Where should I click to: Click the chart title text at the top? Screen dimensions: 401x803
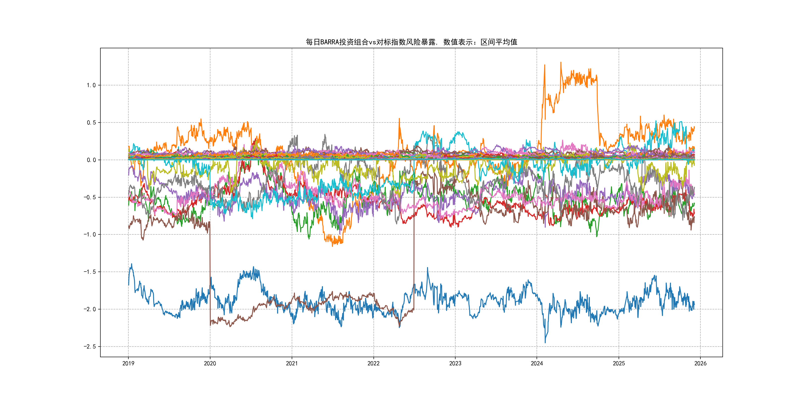pyautogui.click(x=411, y=42)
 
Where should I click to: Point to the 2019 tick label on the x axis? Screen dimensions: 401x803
pyautogui.click(x=128, y=363)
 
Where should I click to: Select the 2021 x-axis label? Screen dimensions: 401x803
pyautogui.click(x=292, y=363)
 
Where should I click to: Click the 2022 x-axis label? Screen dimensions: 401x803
pyautogui.click(x=373, y=363)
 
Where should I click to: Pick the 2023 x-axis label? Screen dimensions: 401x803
pyautogui.click(x=455, y=363)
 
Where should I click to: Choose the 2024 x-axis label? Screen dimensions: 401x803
pyautogui.click(x=537, y=363)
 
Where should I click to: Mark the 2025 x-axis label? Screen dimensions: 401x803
pyautogui.click(x=619, y=363)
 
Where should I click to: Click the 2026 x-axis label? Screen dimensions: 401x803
pyautogui.click(x=700, y=363)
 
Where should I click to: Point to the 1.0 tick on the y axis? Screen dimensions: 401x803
pyautogui.click(x=91, y=85)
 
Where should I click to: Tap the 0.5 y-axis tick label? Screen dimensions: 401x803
pyautogui.click(x=91, y=123)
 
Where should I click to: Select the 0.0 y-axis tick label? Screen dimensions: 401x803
pyautogui.click(x=91, y=160)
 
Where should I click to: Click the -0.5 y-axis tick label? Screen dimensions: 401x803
pyautogui.click(x=89, y=197)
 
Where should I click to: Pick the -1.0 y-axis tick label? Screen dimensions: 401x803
pyautogui.click(x=89, y=234)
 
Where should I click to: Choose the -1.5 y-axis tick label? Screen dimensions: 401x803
pyautogui.click(x=89, y=272)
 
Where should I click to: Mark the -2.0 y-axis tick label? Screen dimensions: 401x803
pyautogui.click(x=89, y=309)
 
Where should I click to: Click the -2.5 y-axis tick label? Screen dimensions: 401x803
pyautogui.click(x=89, y=347)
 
